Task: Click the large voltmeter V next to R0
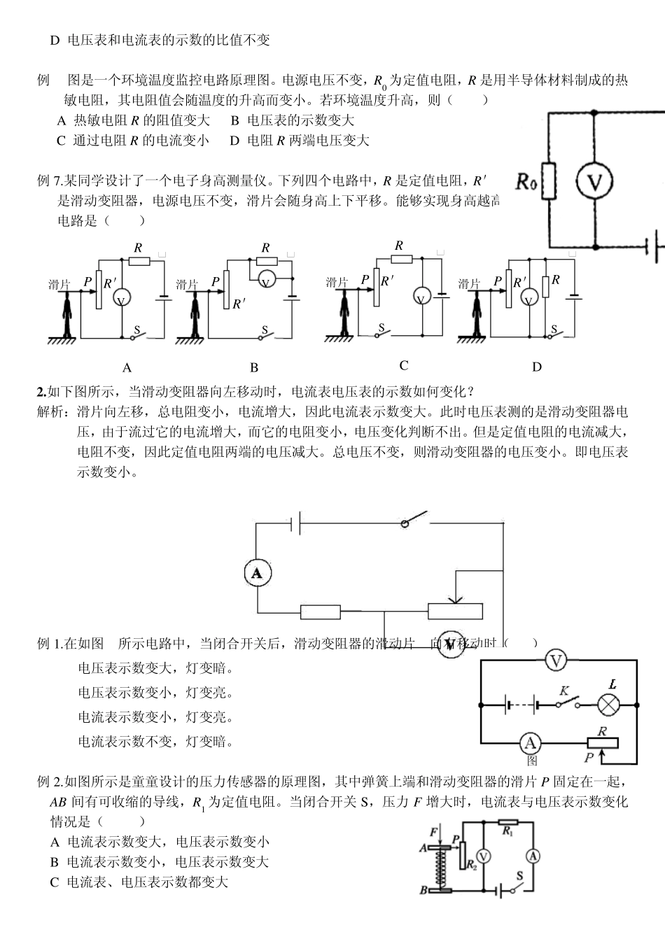click(x=594, y=183)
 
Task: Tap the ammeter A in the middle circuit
click(x=258, y=573)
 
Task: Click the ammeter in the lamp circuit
click(x=531, y=743)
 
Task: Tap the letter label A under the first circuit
click(x=127, y=367)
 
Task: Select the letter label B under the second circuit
click(x=254, y=367)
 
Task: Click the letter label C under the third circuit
click(x=404, y=365)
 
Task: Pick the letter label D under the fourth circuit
click(x=537, y=367)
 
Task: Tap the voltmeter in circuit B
click(x=266, y=281)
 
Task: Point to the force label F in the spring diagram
click(x=434, y=831)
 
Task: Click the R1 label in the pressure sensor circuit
click(x=508, y=831)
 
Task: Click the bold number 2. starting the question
click(x=41, y=391)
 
